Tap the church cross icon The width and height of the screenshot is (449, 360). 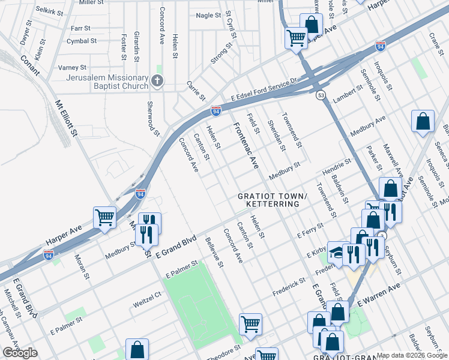pyautogui.click(x=157, y=81)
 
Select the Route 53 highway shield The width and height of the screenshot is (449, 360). pyautogui.click(x=321, y=95)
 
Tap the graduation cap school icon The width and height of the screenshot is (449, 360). pyautogui.click(x=338, y=253)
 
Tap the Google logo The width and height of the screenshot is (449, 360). pyautogui.click(x=20, y=353)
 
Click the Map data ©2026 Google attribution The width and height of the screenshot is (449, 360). pyautogui.click(x=412, y=355)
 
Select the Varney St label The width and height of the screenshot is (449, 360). pyautogui.click(x=72, y=67)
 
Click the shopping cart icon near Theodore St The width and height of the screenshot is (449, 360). pyautogui.click(x=250, y=324)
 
